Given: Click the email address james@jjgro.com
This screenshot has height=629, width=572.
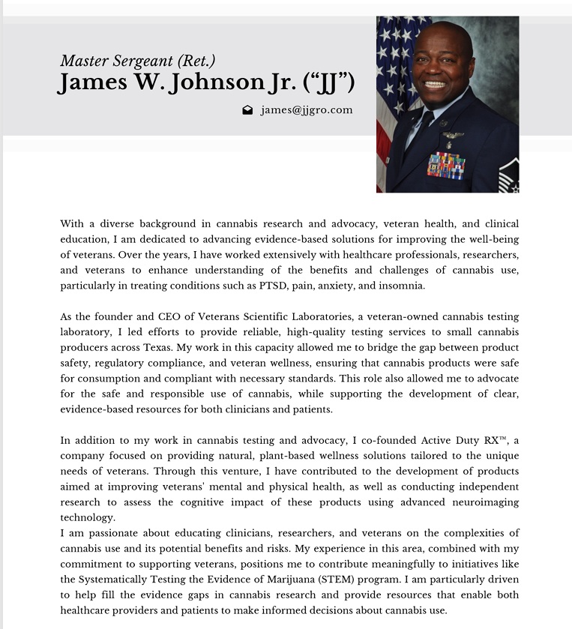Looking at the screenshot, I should [307, 110].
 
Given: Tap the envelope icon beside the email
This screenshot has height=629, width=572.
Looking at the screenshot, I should [247, 110].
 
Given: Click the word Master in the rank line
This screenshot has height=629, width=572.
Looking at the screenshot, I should [82, 61].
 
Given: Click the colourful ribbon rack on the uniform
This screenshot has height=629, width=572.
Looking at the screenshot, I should [445, 164].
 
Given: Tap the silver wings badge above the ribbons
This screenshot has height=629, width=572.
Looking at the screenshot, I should [453, 135].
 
